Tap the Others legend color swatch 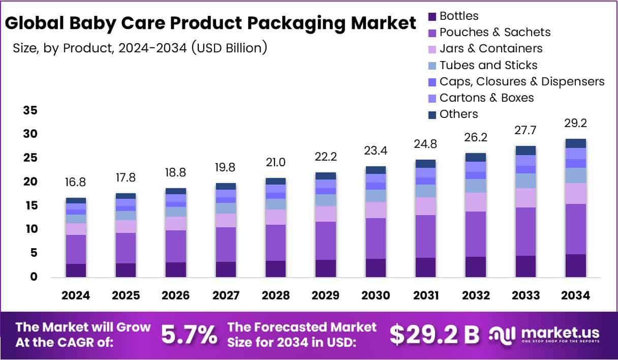click(x=432, y=115)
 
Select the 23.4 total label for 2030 click(x=375, y=151)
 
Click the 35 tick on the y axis click(x=30, y=110)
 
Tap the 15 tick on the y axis click(x=30, y=205)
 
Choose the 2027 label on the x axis click(x=225, y=296)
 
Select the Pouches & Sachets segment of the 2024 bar click(x=76, y=249)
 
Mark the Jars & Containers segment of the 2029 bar click(x=325, y=214)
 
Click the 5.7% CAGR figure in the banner click(x=189, y=335)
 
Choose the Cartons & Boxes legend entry click(x=486, y=98)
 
